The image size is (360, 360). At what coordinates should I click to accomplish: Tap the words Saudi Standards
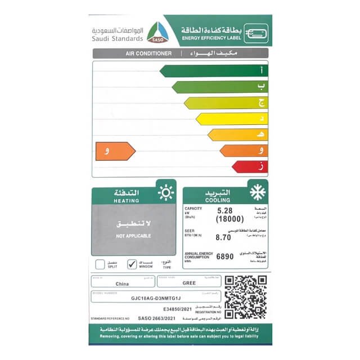click(116, 38)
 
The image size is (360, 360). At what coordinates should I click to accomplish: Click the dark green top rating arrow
click(214, 71)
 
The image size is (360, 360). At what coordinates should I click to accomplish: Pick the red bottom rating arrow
click(250, 166)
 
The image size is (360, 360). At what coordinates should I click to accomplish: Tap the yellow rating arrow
click(232, 119)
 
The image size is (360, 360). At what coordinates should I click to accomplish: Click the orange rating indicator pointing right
click(115, 151)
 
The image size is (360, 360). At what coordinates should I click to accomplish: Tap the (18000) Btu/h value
click(229, 219)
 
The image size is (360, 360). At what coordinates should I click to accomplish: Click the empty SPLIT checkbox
click(100, 263)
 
